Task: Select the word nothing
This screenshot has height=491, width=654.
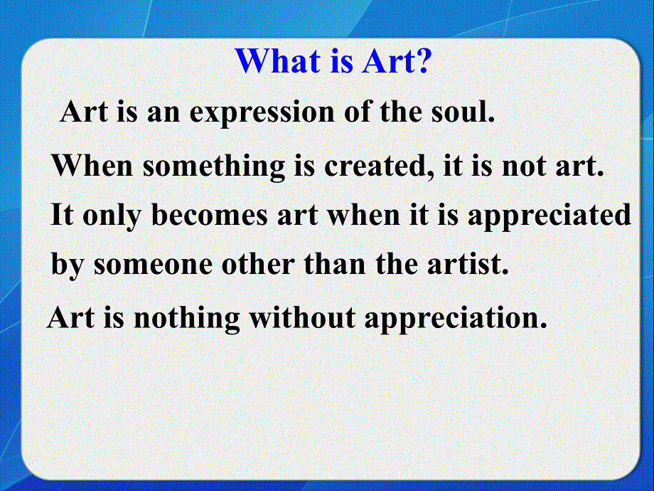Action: point(187,318)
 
